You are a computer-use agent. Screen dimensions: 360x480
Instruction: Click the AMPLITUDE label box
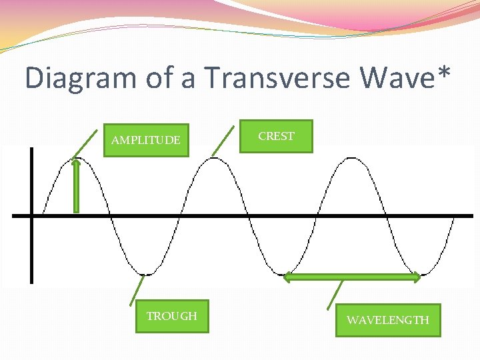coord(145,140)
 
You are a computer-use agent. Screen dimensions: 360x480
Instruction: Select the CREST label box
coord(276,136)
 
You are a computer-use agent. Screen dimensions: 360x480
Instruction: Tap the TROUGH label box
coord(171,316)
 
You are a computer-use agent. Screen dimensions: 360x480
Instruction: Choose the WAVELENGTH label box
coord(387,320)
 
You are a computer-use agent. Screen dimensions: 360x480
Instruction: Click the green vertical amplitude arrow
coord(76,186)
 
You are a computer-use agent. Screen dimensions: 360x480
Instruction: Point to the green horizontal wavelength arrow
coord(353,277)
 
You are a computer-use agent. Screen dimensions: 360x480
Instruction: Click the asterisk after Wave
coord(442,72)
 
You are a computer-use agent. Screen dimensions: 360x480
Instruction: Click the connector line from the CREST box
coord(224,139)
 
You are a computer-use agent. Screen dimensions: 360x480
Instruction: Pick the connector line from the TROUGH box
coord(137,291)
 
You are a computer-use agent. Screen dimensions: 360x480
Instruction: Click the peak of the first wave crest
coord(76,159)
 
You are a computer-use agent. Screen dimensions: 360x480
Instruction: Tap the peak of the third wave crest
coord(350,158)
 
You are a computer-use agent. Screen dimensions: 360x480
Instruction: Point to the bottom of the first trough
coord(145,274)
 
